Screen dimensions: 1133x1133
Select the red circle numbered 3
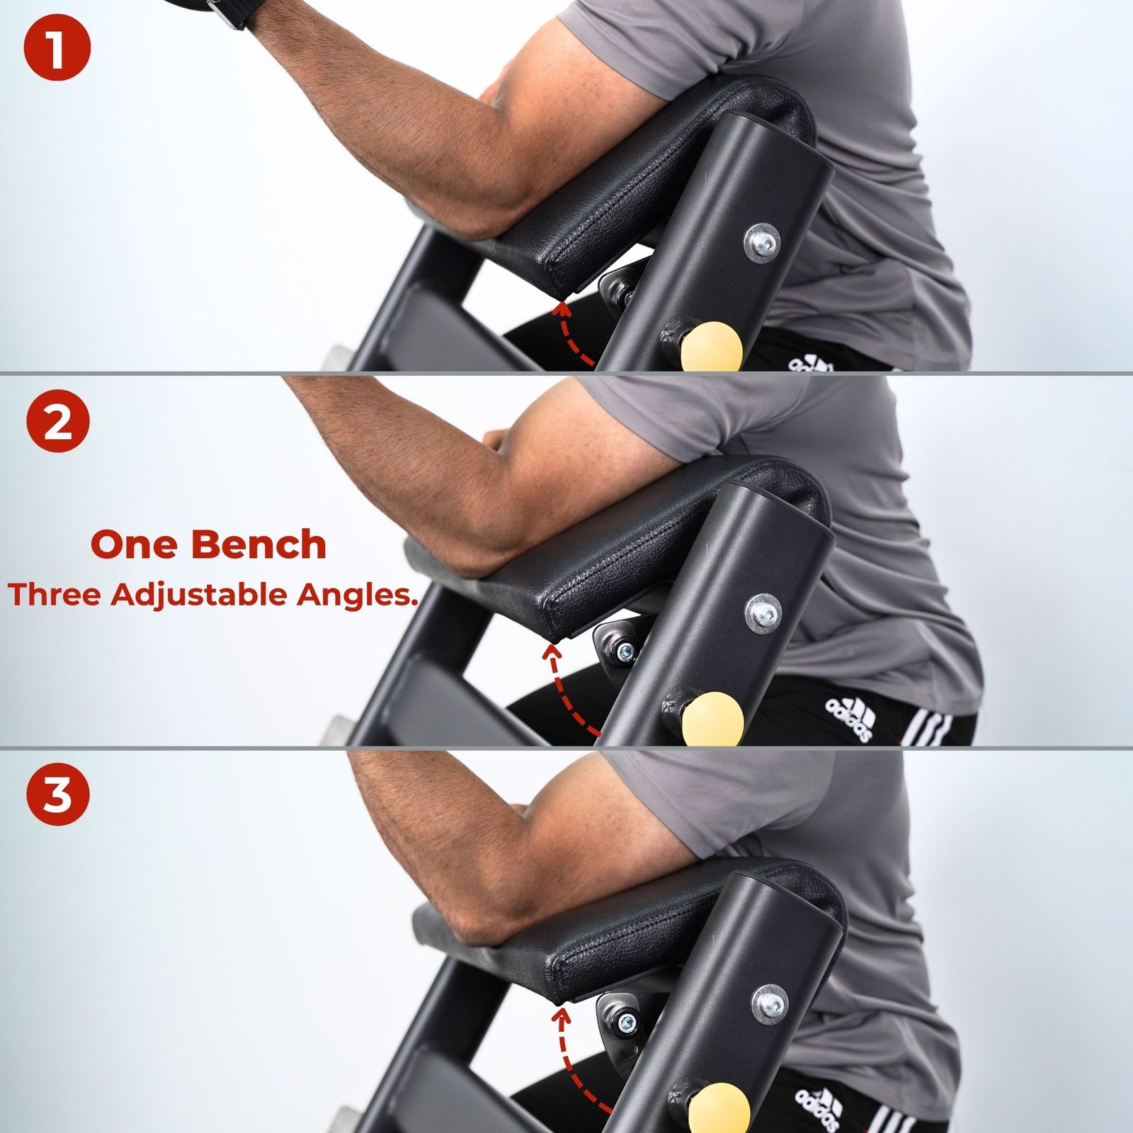[x=58, y=793]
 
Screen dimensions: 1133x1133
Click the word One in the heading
[x=134, y=545]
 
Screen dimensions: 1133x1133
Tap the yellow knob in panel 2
[x=714, y=717]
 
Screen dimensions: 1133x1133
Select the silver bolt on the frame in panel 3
[x=771, y=1003]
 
